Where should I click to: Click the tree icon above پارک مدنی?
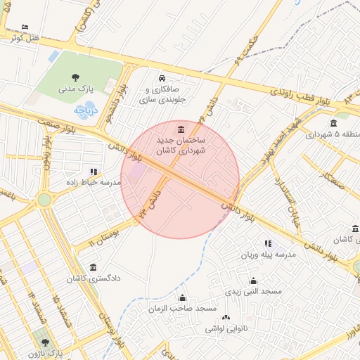(x=75, y=77)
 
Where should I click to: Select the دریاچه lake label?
(x=86, y=111)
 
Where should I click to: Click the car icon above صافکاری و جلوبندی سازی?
(x=162, y=78)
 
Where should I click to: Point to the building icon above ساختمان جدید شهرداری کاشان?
(x=182, y=129)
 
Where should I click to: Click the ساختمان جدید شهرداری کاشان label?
(x=181, y=146)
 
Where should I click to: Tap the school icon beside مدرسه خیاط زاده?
(x=94, y=171)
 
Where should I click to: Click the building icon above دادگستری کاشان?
(x=94, y=266)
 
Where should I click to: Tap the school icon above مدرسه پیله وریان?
(x=268, y=243)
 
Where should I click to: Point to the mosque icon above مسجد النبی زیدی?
(x=254, y=281)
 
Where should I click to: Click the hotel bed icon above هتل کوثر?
(x=25, y=27)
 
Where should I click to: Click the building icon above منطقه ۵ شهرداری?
(x=333, y=124)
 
